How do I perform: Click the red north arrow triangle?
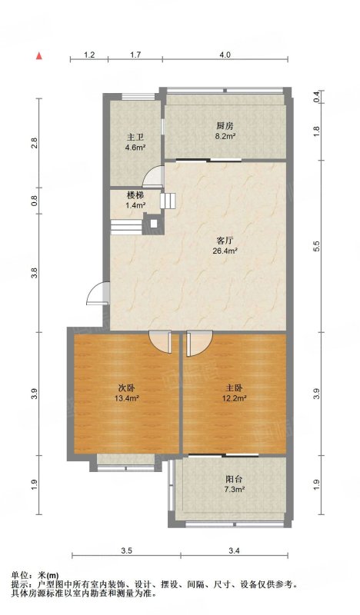pos(39,56)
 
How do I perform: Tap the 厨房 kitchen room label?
pos(225,126)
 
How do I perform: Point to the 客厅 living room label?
pos(225,240)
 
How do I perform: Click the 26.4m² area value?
pos(225,251)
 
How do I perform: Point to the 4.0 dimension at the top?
pos(225,55)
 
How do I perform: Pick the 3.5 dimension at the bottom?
pos(126,550)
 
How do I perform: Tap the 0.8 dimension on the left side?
pos(35,201)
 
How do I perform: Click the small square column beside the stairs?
pos(154,224)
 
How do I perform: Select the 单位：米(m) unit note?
pos(35,575)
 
